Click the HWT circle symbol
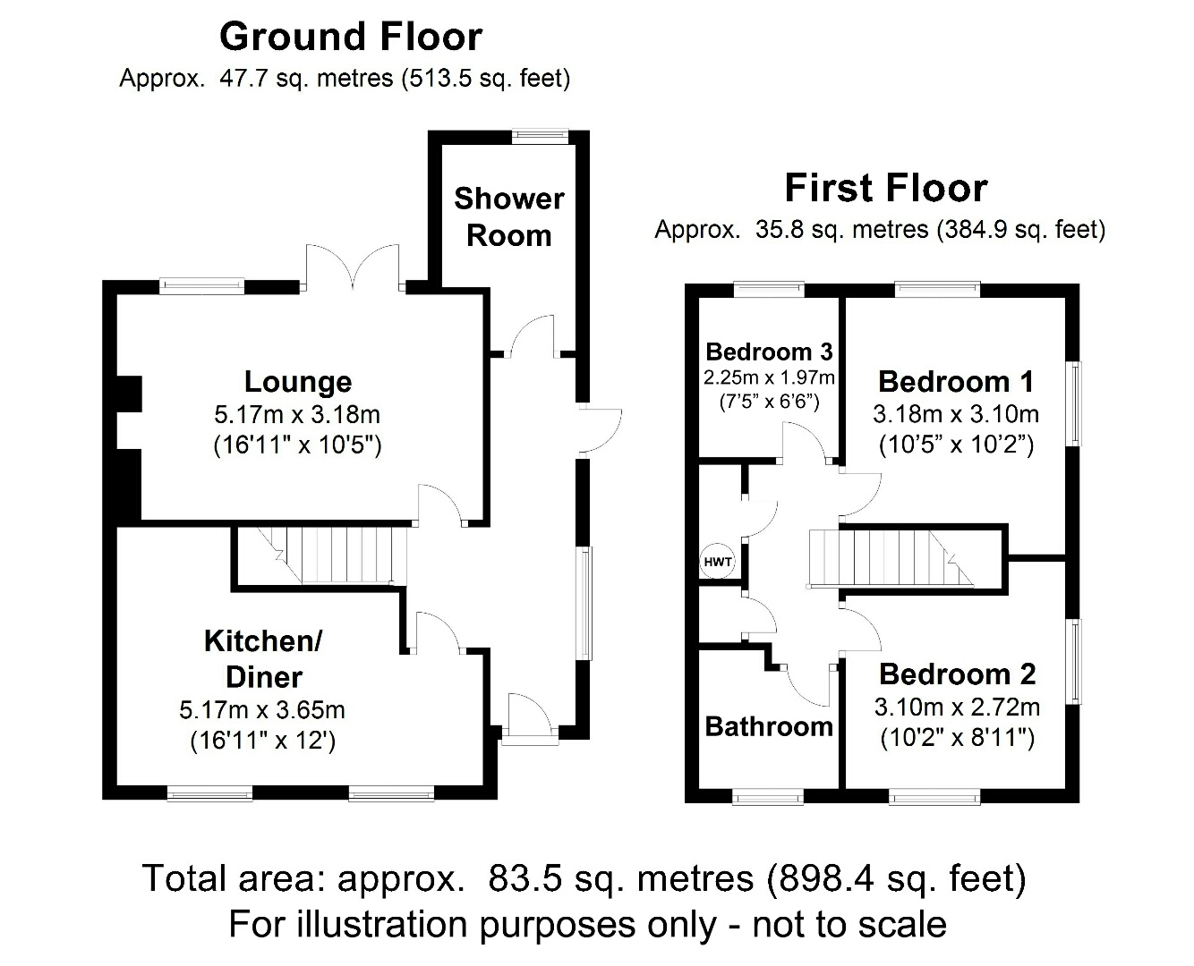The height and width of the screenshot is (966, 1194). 717,563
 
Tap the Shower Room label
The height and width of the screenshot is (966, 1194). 508,216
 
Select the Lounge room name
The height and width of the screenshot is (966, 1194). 297,382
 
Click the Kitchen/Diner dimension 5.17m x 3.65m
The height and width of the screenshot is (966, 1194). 262,710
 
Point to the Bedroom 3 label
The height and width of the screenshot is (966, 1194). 769,352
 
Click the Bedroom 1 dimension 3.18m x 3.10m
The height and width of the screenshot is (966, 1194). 956,414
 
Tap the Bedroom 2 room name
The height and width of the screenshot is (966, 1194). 957,674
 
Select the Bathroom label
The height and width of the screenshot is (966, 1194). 769,726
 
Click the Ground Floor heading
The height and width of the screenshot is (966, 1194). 350,37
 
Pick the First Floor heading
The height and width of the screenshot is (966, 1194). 885,189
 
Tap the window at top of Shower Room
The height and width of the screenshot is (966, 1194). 540,137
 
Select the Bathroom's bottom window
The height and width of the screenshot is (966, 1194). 768,796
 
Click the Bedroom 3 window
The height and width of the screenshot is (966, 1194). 768,289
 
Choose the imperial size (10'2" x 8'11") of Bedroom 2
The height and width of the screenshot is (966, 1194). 957,738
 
